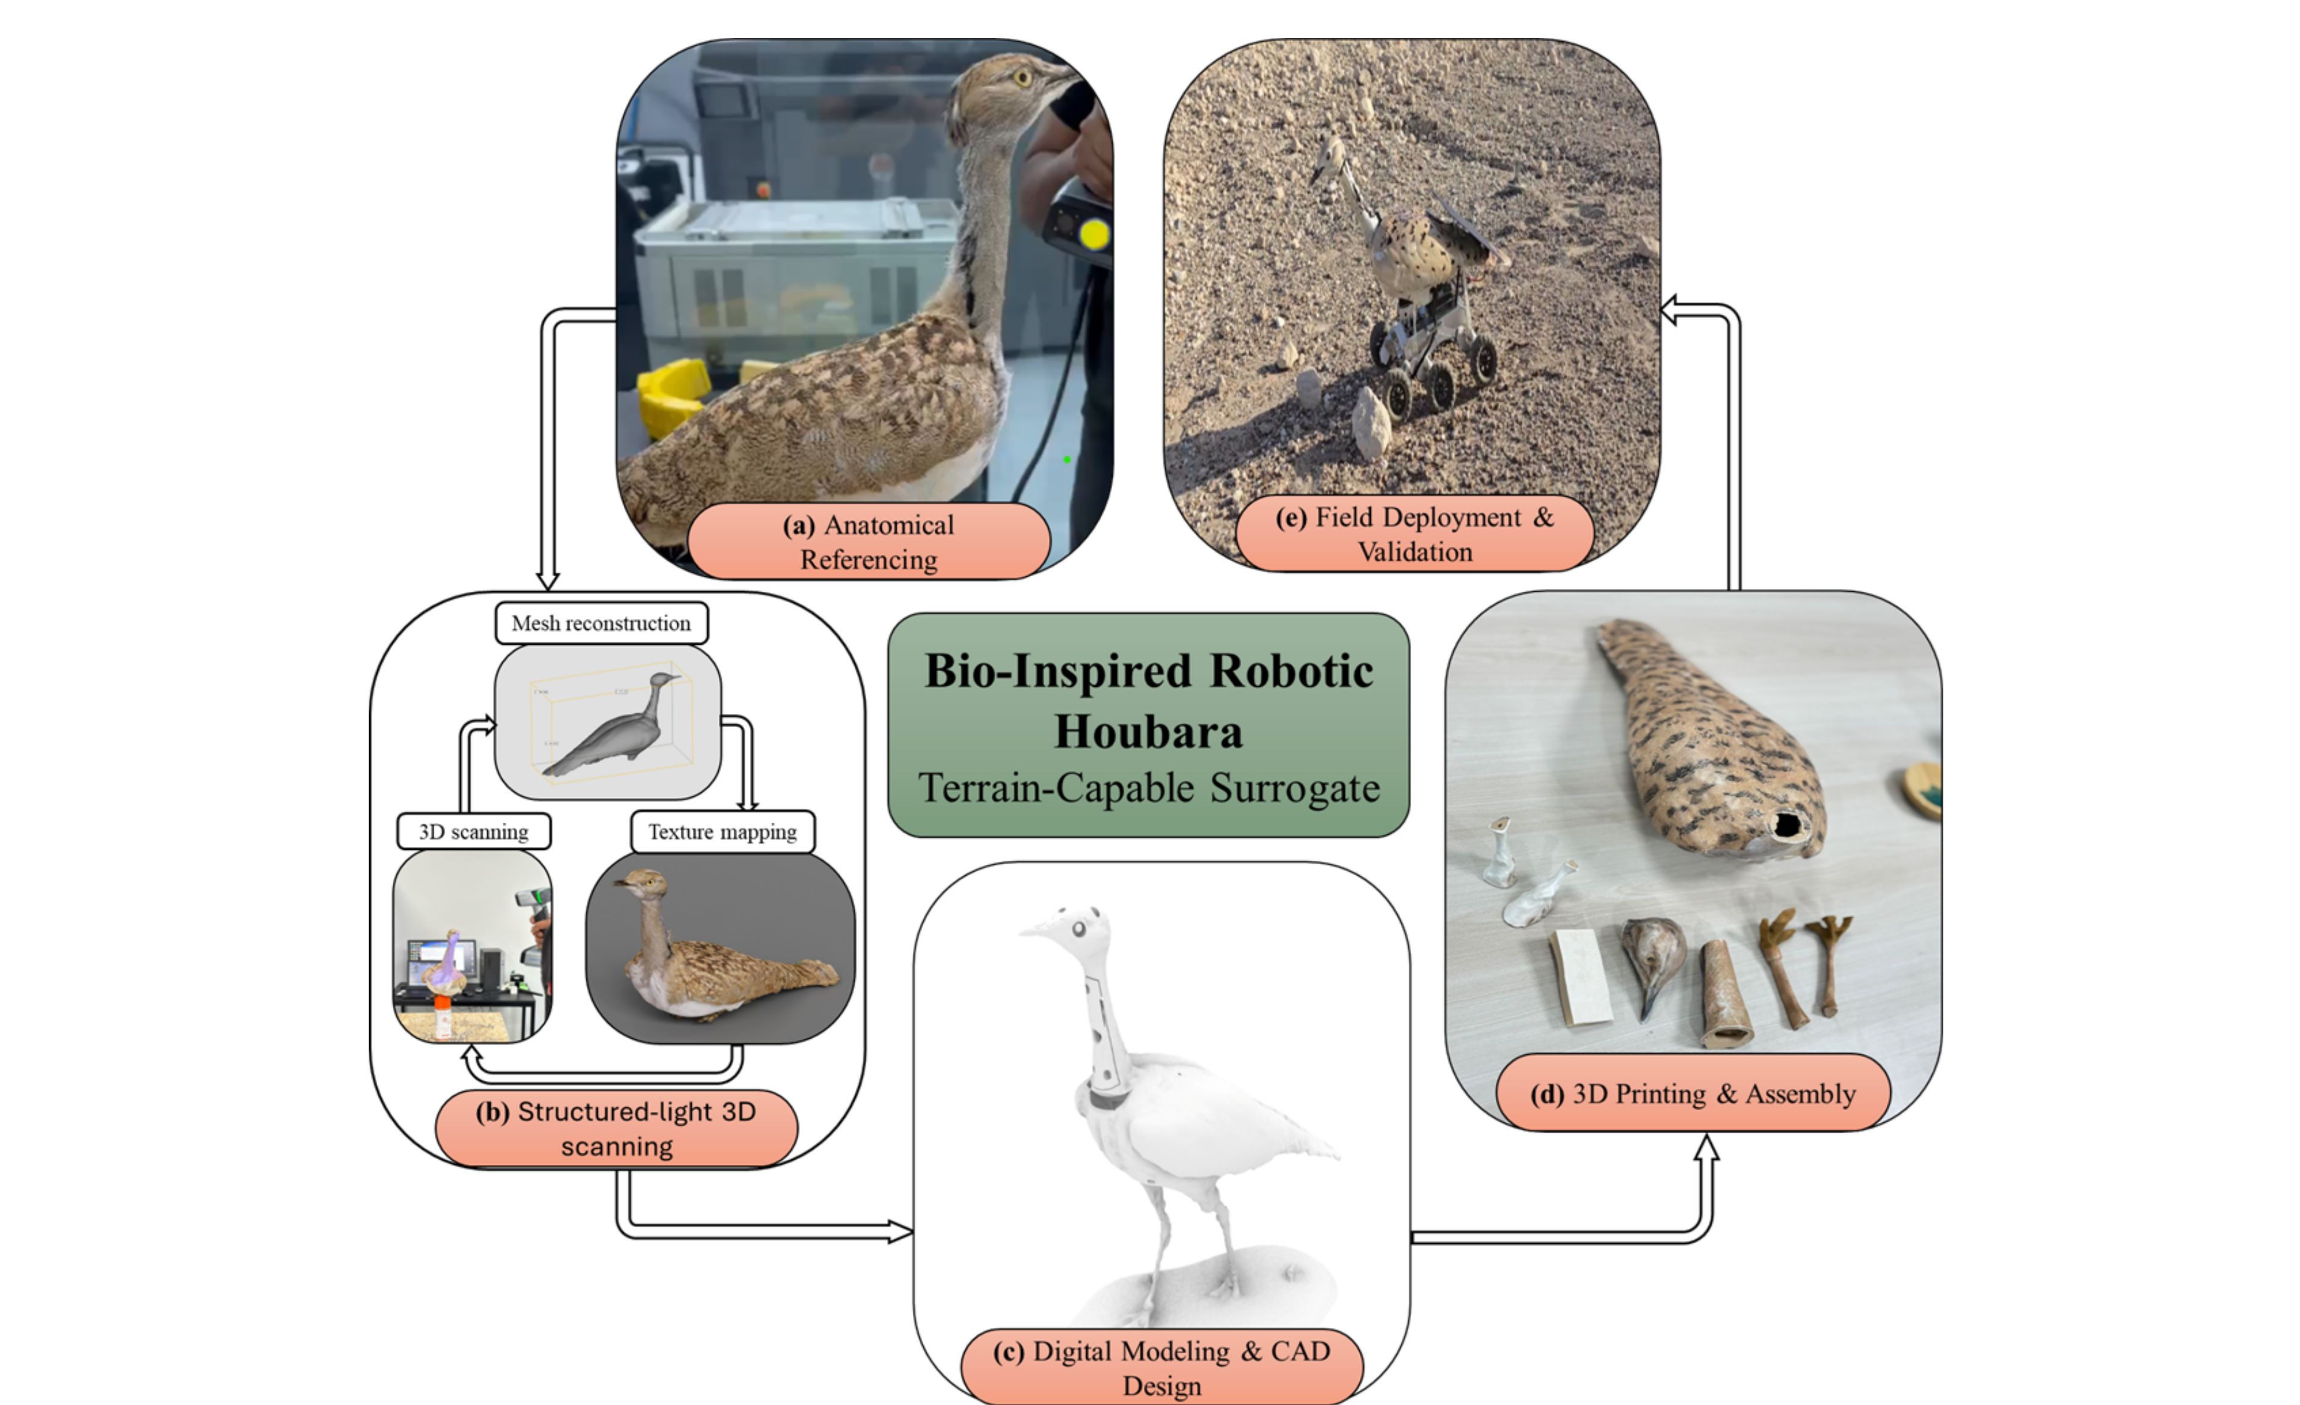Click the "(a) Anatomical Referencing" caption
[x=868, y=541]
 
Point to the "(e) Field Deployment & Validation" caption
[x=1414, y=534]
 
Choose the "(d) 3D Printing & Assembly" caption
[x=1693, y=1093]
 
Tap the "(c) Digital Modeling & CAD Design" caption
[x=1161, y=1368]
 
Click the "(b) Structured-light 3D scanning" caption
[x=616, y=1129]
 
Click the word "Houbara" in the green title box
[x=1148, y=731]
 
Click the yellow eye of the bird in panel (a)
[x=1023, y=78]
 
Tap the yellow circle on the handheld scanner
[x=1095, y=235]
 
